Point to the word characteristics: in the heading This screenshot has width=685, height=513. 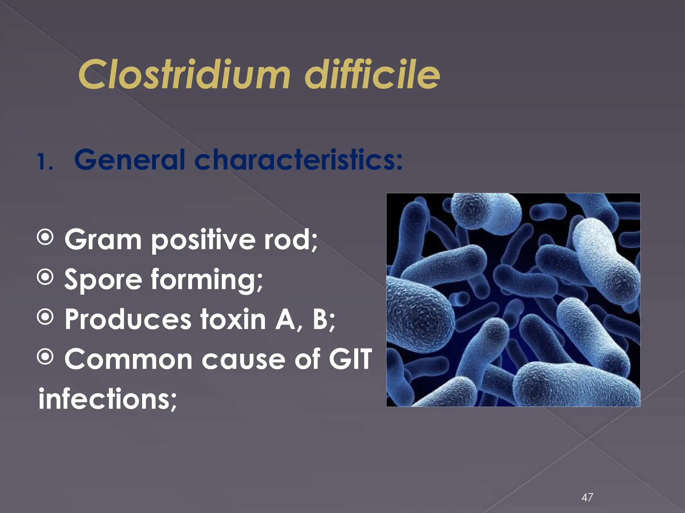point(298,160)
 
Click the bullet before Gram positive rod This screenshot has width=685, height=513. point(45,238)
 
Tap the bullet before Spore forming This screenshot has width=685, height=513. point(45,277)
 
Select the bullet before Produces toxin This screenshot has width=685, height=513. point(45,317)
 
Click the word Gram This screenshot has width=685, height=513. point(103,239)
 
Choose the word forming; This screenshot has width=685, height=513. point(207,280)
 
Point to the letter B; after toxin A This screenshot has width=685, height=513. point(323,320)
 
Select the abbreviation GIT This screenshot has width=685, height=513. point(350,359)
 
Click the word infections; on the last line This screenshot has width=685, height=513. point(107,399)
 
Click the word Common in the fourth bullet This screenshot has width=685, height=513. point(128,359)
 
